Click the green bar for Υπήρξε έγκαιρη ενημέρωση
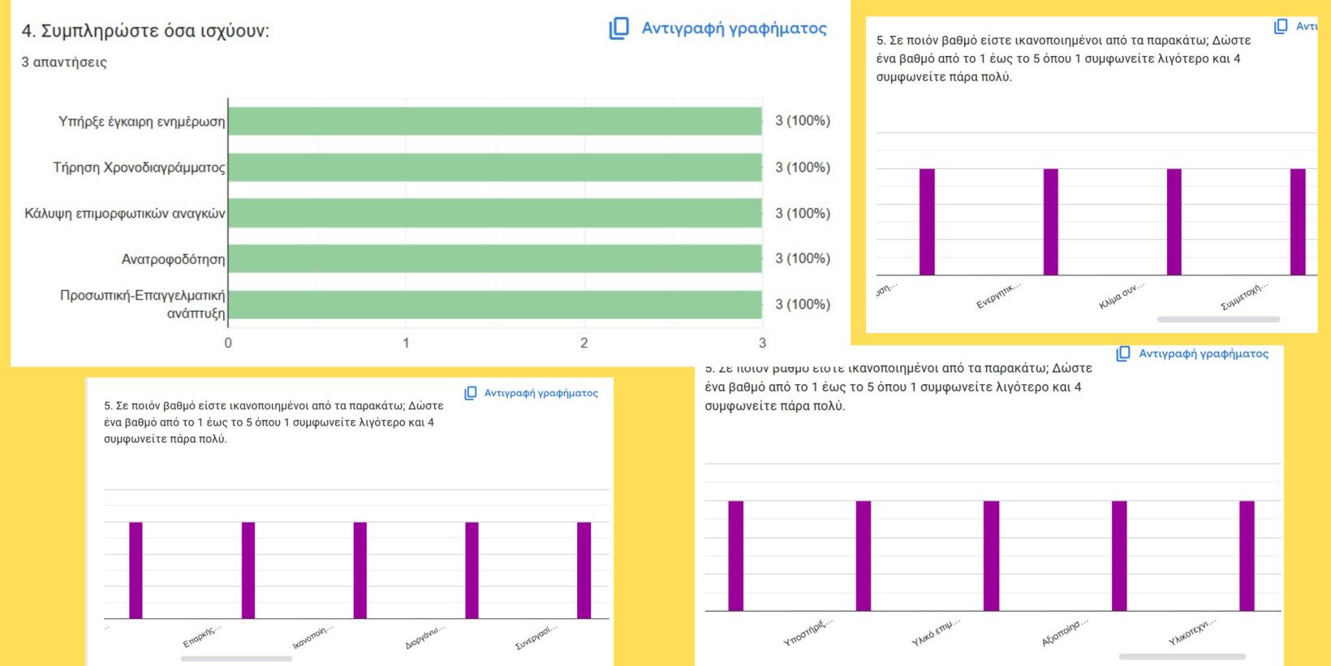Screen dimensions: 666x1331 [x=495, y=121]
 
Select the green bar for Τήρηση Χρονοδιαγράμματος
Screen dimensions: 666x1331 [x=495, y=167]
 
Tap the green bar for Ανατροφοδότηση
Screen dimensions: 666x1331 [x=495, y=259]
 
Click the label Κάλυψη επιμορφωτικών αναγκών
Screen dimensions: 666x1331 [x=125, y=214]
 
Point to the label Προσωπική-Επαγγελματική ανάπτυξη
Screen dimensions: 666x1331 [x=143, y=304]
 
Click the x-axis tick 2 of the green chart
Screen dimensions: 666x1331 [x=584, y=343]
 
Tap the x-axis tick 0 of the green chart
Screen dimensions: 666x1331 [x=228, y=343]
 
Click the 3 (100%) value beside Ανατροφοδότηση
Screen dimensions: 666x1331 [x=802, y=259]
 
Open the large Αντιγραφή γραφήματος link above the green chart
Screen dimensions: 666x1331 [x=734, y=28]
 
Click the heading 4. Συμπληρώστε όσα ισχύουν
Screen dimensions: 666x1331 [x=145, y=31]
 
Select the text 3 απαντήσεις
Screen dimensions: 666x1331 [x=64, y=63]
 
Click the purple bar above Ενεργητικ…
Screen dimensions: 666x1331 [x=1050, y=222]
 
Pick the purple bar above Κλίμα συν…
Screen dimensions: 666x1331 [x=1174, y=222]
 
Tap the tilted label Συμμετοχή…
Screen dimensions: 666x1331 [x=1243, y=296]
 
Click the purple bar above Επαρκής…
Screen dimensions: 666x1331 [x=248, y=570]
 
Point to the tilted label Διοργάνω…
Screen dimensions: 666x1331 [x=424, y=637]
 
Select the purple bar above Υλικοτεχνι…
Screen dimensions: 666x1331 [x=1247, y=556]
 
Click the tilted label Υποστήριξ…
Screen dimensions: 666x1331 [x=808, y=632]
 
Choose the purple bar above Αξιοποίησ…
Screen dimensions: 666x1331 [x=1119, y=556]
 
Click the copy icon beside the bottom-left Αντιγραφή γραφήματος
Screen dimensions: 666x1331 [x=471, y=393]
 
